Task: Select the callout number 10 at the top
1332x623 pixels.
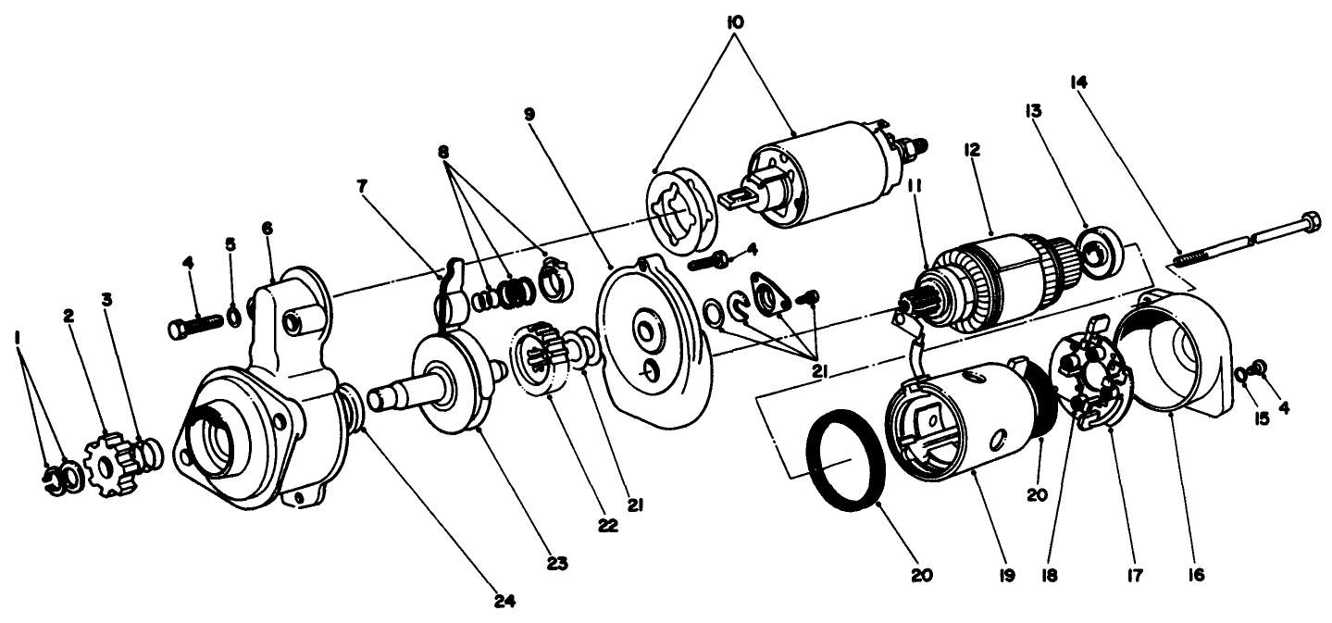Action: (x=736, y=19)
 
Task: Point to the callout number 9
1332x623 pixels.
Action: (x=529, y=114)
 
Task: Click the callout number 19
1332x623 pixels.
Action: (x=1006, y=575)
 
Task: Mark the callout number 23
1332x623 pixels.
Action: (x=557, y=561)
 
